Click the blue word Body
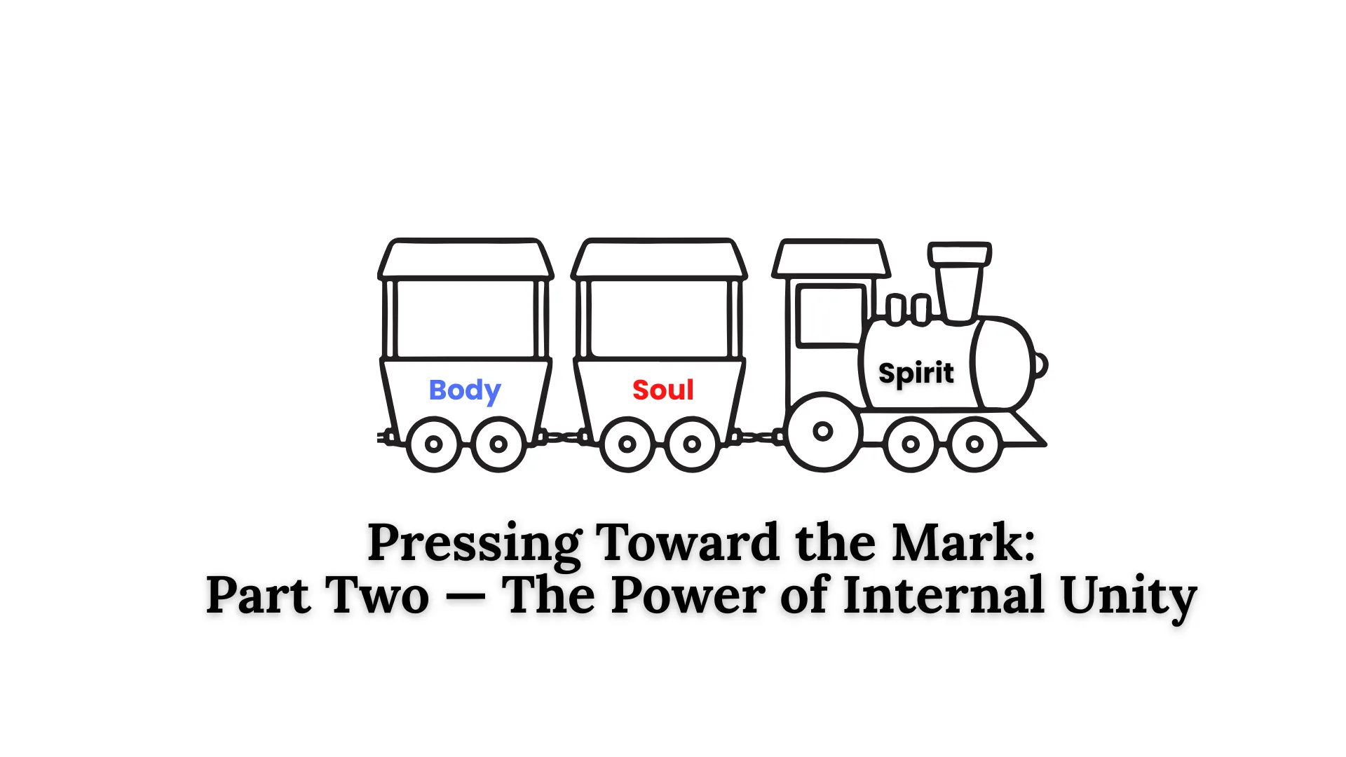click(464, 390)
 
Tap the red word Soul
click(662, 390)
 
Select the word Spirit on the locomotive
click(916, 373)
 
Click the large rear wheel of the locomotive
click(822, 431)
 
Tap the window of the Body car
click(465, 318)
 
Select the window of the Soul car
click(659, 318)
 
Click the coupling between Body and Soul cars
click(560, 437)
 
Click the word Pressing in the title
click(475, 543)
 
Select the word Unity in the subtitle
click(1128, 595)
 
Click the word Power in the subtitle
click(688, 595)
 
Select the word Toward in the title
click(687, 543)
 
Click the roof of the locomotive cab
click(831, 259)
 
